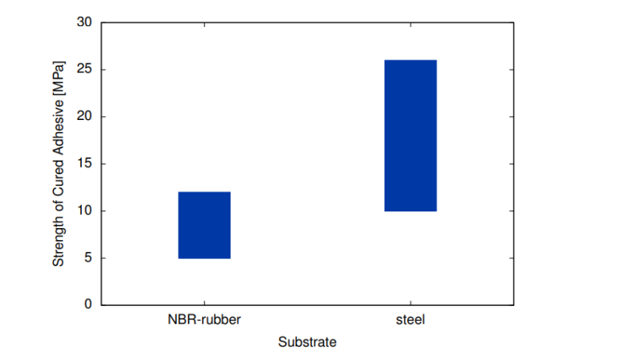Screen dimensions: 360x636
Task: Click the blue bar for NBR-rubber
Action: click(204, 225)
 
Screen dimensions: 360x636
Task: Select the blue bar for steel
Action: click(410, 136)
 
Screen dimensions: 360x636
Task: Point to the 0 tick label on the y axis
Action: click(88, 305)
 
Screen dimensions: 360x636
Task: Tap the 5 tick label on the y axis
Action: click(88, 258)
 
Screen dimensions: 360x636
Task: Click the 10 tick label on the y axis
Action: click(85, 211)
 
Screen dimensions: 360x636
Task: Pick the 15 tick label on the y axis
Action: click(85, 165)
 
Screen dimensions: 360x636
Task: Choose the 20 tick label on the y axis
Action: click(85, 117)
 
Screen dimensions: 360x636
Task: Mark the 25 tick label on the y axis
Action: click(85, 70)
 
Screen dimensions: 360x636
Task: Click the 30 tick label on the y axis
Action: click(85, 23)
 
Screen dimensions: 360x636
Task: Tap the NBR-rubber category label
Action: click(204, 321)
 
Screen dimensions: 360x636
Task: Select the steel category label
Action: click(410, 321)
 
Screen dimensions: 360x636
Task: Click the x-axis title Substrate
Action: click(308, 343)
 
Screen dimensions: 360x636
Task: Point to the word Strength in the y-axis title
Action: click(59, 241)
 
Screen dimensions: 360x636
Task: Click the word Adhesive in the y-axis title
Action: click(59, 126)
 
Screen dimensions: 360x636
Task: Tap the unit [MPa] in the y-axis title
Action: click(59, 77)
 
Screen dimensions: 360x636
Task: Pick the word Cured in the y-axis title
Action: click(59, 178)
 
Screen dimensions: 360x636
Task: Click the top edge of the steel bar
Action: click(410, 60)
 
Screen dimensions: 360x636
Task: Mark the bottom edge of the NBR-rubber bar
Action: click(204, 258)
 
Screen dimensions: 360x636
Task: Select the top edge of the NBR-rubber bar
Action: click(204, 192)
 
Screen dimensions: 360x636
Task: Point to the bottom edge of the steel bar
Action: click(410, 211)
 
